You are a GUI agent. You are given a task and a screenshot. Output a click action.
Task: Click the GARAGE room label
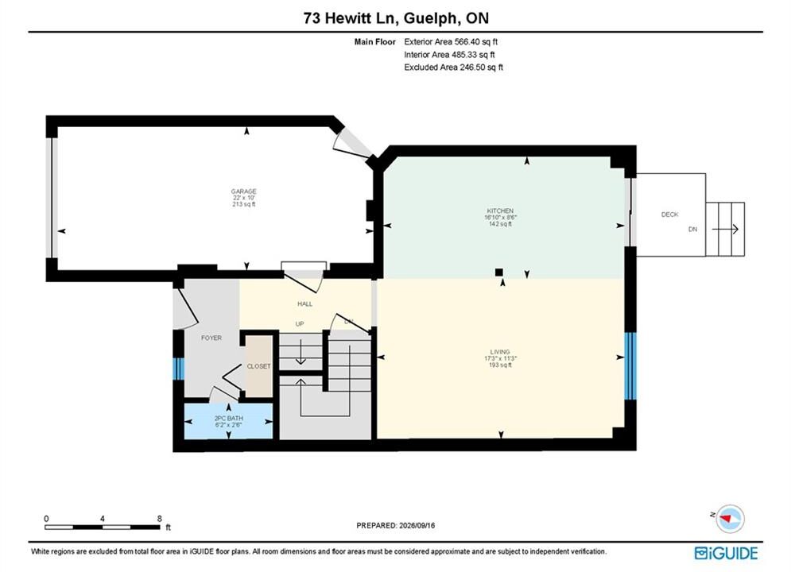(x=243, y=191)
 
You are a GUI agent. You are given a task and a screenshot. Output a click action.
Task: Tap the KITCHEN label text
(x=500, y=211)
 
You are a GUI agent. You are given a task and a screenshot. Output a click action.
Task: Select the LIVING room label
(x=500, y=352)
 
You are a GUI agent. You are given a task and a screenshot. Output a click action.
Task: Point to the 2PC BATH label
(x=228, y=419)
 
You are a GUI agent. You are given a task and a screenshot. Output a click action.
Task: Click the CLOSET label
(x=259, y=366)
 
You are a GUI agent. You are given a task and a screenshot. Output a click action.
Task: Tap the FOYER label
(x=211, y=338)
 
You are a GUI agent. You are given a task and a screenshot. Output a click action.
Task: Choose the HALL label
(x=304, y=304)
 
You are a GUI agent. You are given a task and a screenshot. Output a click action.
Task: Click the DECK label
(x=670, y=214)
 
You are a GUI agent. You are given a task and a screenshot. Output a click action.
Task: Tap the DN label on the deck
(x=693, y=230)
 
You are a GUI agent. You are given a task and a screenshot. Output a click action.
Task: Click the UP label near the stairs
(x=300, y=323)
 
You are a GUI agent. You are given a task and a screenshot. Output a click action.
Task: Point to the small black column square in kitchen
(x=499, y=272)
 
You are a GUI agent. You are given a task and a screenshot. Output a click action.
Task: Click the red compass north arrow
(x=727, y=518)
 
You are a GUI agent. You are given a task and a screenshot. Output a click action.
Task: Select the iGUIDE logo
(x=726, y=553)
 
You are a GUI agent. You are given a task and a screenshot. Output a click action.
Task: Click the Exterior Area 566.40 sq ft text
(x=451, y=42)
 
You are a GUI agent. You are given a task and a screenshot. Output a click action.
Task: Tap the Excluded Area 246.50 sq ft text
(x=453, y=67)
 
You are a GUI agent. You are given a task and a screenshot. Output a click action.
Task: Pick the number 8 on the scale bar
(x=160, y=519)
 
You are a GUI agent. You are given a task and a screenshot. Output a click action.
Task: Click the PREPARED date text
(x=396, y=525)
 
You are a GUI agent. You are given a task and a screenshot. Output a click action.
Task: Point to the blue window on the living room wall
(x=630, y=366)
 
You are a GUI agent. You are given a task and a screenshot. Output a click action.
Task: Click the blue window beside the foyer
(x=179, y=369)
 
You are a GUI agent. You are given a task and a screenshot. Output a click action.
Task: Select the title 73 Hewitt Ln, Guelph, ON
(x=396, y=18)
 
